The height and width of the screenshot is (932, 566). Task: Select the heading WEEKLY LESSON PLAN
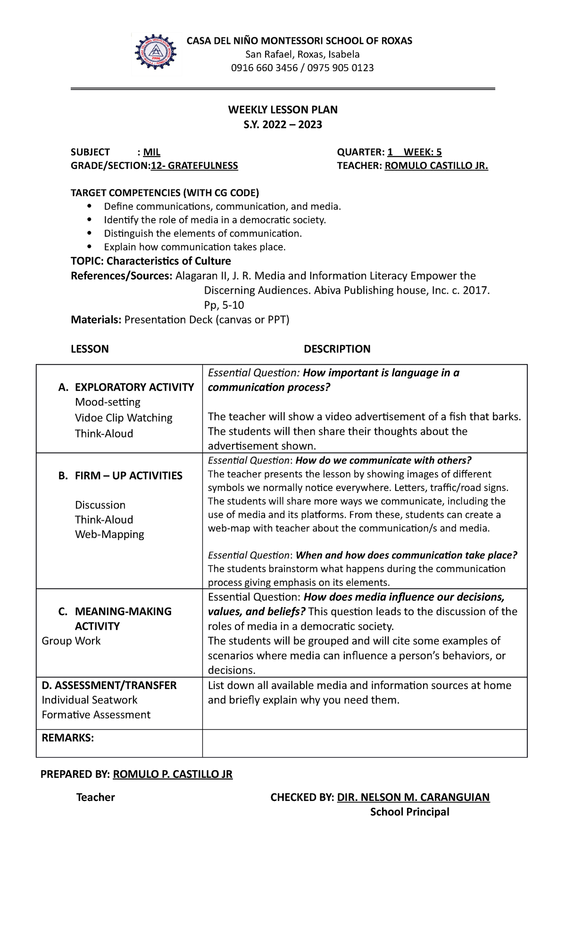(283, 110)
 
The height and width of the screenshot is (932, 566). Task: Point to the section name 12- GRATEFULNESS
(194, 166)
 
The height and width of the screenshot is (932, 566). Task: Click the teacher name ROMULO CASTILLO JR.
(436, 166)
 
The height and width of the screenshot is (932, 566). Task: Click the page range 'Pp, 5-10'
(224, 305)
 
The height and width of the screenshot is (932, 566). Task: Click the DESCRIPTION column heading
(337, 349)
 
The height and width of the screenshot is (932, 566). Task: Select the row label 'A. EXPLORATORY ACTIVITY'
(126, 387)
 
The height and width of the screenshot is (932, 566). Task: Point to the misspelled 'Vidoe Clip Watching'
(124, 418)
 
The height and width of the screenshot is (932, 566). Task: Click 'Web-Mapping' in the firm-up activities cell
(109, 534)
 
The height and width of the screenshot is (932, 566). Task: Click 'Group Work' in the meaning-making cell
(71, 641)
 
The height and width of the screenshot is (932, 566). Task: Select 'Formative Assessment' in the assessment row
(96, 715)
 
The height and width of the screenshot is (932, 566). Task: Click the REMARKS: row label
(67, 738)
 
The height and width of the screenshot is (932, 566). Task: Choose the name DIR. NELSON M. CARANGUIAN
(413, 797)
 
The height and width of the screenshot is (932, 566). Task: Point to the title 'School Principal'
(409, 812)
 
